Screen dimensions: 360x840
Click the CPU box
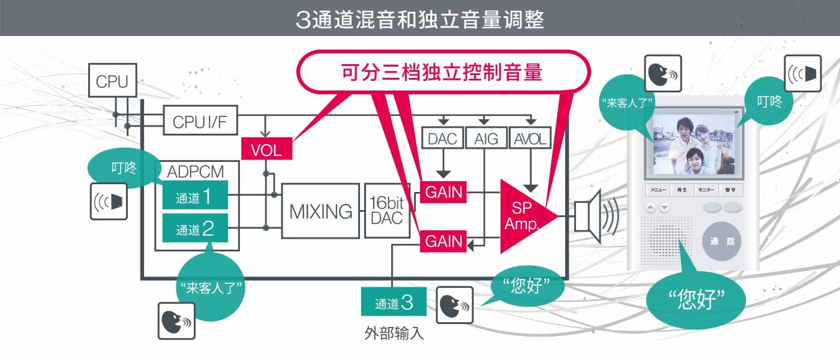click(x=112, y=82)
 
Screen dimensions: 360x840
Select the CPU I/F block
click(x=200, y=122)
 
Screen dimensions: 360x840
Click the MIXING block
click(x=320, y=211)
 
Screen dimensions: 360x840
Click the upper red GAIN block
click(x=444, y=192)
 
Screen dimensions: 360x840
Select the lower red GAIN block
click(x=444, y=241)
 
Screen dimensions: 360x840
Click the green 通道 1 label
click(x=195, y=196)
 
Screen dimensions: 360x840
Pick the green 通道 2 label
click(x=195, y=229)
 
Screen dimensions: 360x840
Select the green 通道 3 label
click(x=394, y=303)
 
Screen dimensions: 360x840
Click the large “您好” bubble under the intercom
click(x=696, y=298)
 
